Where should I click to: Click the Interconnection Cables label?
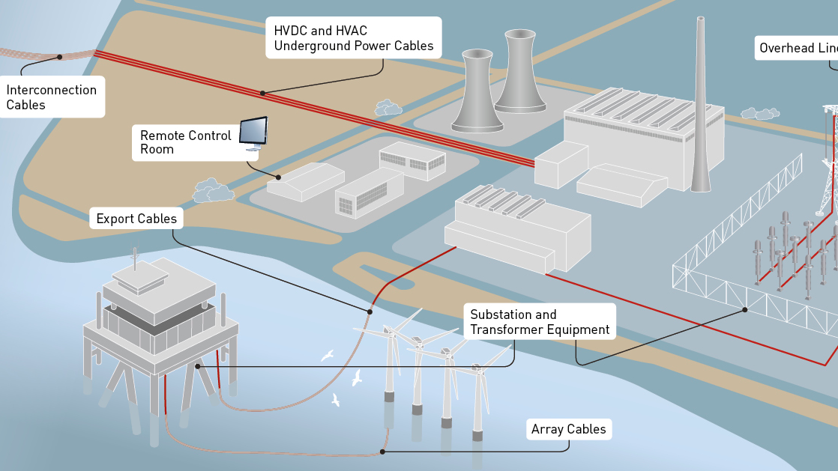[x=51, y=97]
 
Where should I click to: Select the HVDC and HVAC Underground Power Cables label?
[x=353, y=38]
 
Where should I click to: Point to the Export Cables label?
[x=136, y=219]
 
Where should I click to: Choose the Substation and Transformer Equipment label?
[x=540, y=322]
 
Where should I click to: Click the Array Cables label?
[x=568, y=429]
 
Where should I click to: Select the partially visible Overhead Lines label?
[x=798, y=48]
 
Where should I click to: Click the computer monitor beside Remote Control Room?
[x=253, y=132]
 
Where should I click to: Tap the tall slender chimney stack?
[x=700, y=105]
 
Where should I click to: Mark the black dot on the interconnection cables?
[x=59, y=57]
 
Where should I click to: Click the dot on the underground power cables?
[x=262, y=93]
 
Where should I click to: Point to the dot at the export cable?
[x=370, y=312]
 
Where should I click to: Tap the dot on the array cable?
[x=382, y=452]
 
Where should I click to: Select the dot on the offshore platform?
[x=197, y=366]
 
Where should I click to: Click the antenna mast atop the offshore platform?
[x=136, y=257]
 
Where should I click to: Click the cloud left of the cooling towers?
[x=388, y=108]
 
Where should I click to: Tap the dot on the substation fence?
[x=744, y=309]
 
